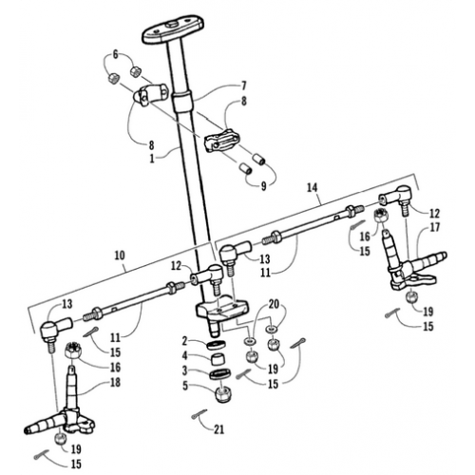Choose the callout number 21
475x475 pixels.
(219, 428)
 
